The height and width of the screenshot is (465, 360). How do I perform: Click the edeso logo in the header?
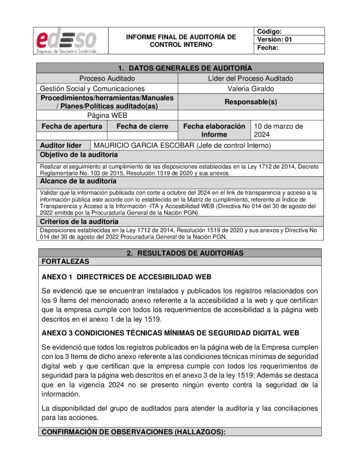70,41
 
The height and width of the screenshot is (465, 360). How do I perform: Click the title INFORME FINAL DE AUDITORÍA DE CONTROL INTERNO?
181,40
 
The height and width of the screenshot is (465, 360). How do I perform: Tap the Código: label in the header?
270,31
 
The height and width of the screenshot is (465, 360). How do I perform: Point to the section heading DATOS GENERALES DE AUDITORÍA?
185,68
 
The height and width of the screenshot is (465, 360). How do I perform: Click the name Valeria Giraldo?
251,89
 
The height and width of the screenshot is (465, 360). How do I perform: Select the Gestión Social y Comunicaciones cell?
92,89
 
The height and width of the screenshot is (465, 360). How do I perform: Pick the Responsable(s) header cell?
251,102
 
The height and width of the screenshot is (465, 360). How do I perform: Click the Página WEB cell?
107,115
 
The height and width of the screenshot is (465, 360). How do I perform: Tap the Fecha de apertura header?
72,126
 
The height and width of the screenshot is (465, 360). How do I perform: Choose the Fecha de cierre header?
142,126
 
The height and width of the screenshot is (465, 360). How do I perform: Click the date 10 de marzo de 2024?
278,130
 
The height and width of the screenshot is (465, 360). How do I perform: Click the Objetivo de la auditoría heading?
79,155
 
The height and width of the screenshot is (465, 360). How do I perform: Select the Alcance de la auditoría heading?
78,181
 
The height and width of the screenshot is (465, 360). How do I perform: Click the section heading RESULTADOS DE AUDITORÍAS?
185,253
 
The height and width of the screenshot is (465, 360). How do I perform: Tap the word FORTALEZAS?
65,261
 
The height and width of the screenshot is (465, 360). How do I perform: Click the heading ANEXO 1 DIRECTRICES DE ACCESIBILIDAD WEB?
126,277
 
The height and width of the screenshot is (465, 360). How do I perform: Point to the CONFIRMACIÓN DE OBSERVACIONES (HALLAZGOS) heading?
133,432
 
